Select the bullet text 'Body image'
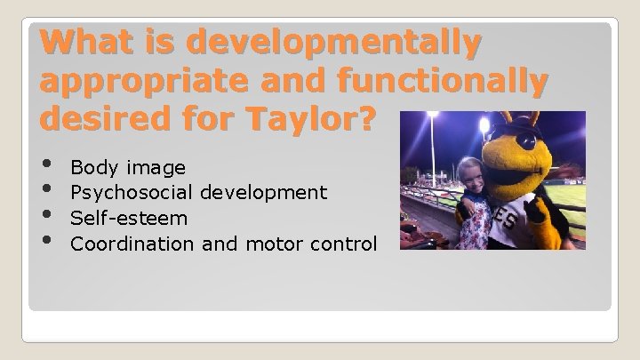[x=127, y=167]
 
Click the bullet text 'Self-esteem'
[x=129, y=218]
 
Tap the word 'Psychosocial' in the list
[x=132, y=192]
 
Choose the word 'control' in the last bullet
[x=349, y=243]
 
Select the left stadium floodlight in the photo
[x=433, y=116]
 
